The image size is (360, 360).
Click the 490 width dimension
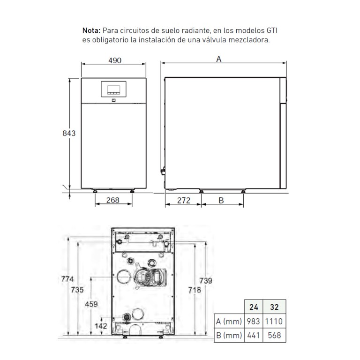(114, 60)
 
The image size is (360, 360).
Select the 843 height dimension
(69, 133)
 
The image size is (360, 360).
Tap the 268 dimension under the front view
(112, 200)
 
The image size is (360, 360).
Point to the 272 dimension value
(184, 201)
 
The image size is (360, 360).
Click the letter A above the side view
(219, 59)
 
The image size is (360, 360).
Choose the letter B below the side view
(221, 201)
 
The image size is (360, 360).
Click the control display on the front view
(113, 89)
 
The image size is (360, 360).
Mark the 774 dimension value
(67, 279)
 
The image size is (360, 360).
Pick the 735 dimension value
(77, 290)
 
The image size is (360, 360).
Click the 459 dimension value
(91, 304)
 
